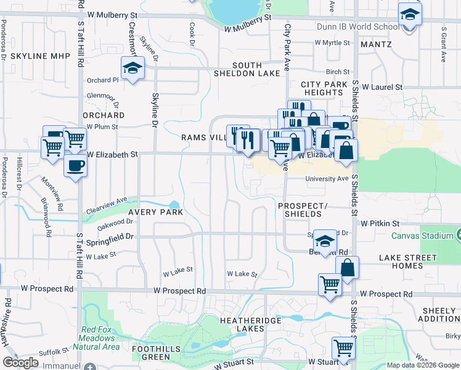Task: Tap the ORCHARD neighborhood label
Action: click(103, 115)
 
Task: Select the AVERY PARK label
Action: click(155, 212)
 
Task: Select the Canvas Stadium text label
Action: click(421, 235)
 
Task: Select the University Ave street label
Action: click(327, 179)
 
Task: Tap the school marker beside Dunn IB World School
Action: click(409, 14)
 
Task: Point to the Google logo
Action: click(20, 362)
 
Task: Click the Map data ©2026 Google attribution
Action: click(423, 365)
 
